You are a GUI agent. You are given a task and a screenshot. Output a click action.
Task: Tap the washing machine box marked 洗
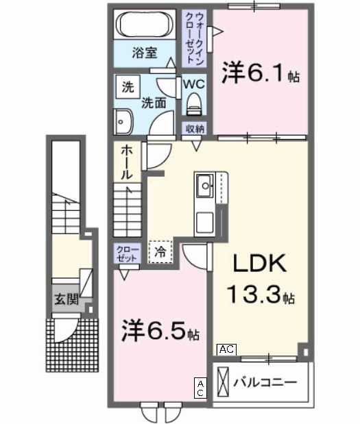pos(128,87)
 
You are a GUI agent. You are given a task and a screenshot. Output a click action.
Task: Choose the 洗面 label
pos(154,103)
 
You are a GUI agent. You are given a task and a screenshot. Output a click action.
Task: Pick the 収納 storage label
pos(195,128)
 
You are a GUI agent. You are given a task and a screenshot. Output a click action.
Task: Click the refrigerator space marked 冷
pos(160,251)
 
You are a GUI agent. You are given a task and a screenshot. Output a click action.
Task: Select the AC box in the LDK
pos(227,349)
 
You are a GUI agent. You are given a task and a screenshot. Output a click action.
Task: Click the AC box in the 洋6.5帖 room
pos(201,388)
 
